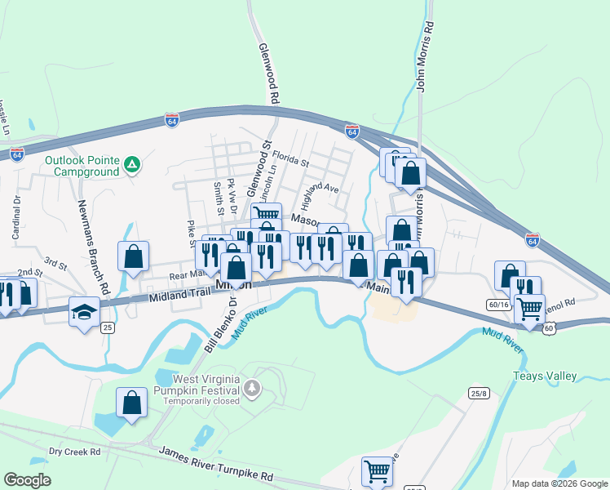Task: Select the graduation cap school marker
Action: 84,312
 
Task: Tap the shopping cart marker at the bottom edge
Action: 377,471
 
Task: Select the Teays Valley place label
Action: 544,376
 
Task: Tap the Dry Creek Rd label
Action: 74,452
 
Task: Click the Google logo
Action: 28,479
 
